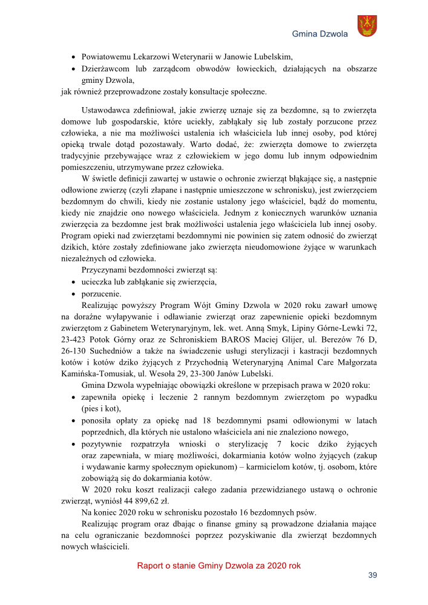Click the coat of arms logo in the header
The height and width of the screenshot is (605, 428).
367,26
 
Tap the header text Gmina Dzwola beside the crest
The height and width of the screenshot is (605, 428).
320,34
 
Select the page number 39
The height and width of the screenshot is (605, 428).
372,575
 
